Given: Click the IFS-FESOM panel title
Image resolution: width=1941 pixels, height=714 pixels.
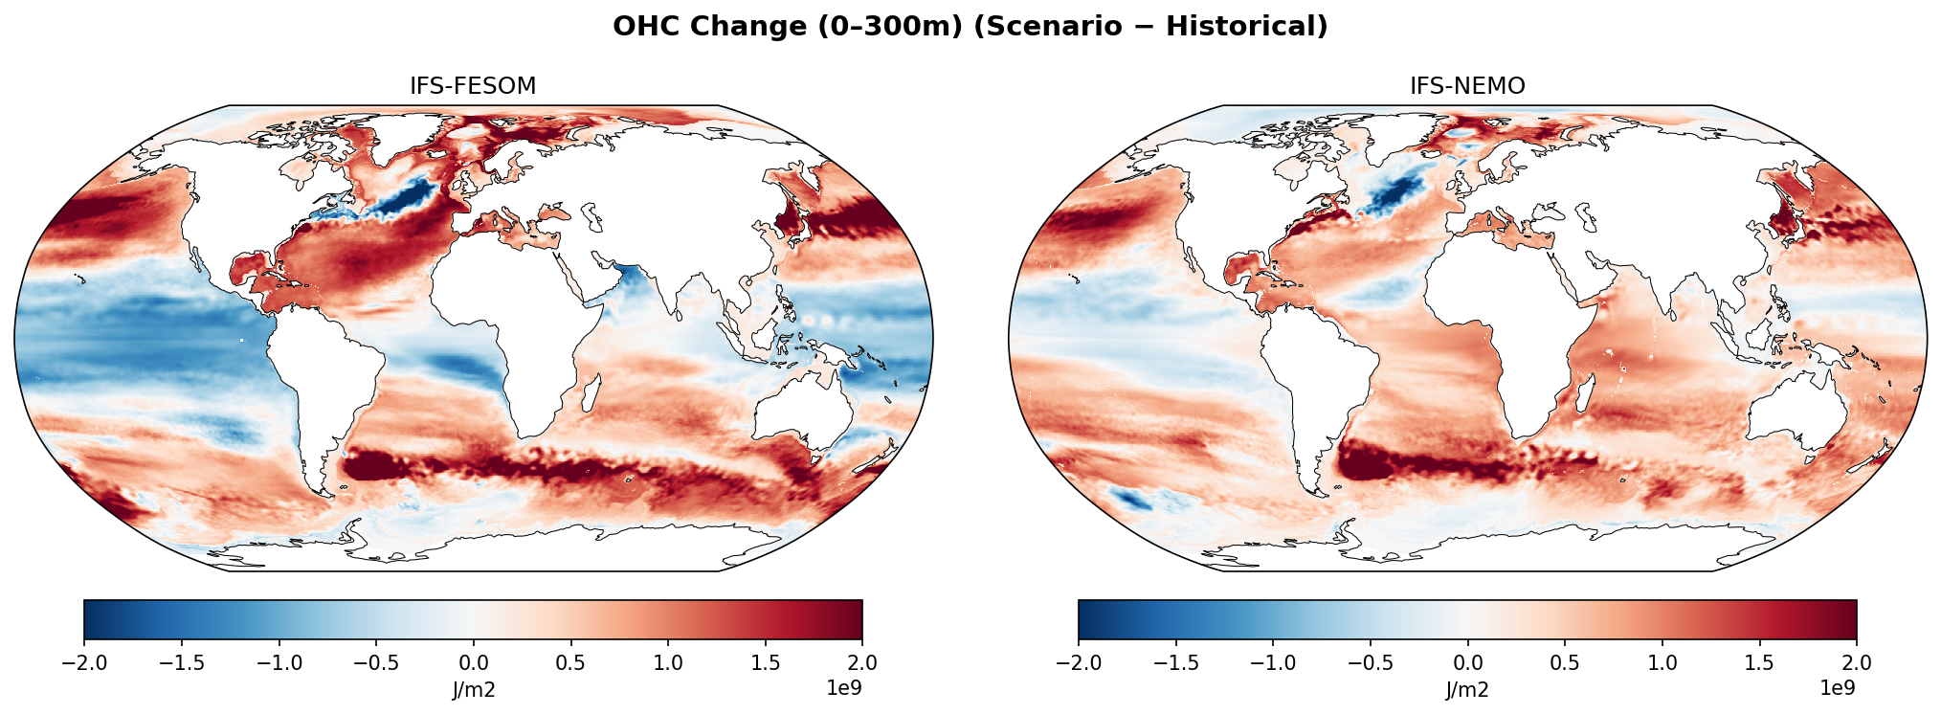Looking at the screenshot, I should pos(473,86).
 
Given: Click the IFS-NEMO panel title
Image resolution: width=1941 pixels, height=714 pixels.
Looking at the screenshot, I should pos(1467,86).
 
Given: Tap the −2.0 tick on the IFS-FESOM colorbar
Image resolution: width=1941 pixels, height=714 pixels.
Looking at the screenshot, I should pos(84,662).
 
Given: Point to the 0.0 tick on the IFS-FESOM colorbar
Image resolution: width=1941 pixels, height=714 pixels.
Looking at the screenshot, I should pos(473,662).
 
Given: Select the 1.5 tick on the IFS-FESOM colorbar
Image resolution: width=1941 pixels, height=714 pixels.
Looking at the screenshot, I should pos(765,662).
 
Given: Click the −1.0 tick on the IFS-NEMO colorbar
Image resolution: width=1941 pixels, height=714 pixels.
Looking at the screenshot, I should pos(1273,662).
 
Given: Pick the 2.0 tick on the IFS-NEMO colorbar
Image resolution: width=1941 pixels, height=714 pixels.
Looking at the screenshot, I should pos(1856,662).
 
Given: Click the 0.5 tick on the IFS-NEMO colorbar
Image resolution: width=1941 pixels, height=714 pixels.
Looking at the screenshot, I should pos(1565,662).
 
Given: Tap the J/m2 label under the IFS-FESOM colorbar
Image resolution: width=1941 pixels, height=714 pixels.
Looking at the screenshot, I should pos(473,690).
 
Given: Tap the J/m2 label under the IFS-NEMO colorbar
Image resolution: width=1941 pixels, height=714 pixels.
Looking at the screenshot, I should pos(1467,690).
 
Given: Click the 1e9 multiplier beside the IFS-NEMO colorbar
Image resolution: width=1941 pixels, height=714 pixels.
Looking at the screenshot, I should pos(1837,688).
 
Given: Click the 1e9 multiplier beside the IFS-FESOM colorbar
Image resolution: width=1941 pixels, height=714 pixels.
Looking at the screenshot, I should pos(842,688).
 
